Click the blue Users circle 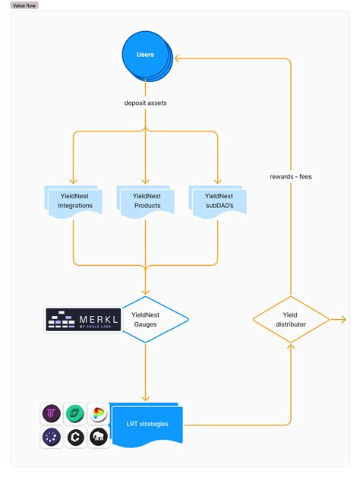pos(145,55)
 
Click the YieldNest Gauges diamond pos(145,319)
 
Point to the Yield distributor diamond pos(290,319)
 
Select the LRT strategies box pos(147,423)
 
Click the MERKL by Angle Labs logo pos(83,320)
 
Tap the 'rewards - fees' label pos(290,176)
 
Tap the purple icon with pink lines pos(52,414)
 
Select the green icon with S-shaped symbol pos(75,414)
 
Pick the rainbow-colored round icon pos(98,414)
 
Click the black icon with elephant pos(98,437)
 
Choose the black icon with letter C pos(75,437)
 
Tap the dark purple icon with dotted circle pos(52,437)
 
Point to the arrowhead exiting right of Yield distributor pos(343,319)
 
